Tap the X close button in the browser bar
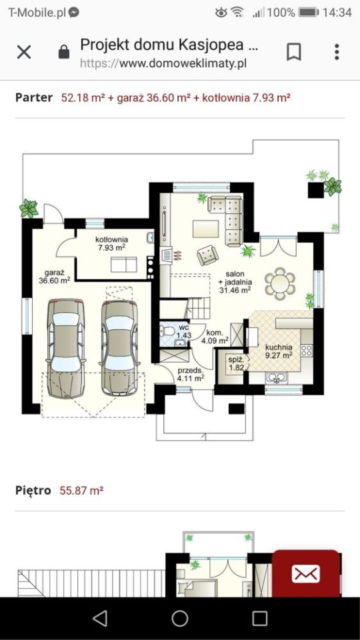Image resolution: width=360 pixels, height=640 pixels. [24, 52]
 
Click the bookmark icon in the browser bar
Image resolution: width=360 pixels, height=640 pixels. [293, 52]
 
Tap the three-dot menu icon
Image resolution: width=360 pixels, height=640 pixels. [337, 52]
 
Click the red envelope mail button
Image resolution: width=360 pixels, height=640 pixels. [306, 574]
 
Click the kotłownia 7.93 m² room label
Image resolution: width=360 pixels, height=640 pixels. [111, 243]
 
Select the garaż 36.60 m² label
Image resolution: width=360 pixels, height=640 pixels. [54, 276]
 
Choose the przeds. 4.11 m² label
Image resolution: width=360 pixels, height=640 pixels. [191, 374]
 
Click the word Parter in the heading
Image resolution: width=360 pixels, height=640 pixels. [34, 98]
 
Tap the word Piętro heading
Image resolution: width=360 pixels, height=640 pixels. [33, 490]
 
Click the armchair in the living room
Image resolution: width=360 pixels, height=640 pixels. [207, 255]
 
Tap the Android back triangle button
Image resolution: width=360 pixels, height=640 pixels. [100, 619]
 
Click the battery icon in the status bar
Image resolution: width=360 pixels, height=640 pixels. [309, 13]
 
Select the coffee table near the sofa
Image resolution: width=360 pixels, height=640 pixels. [206, 229]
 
